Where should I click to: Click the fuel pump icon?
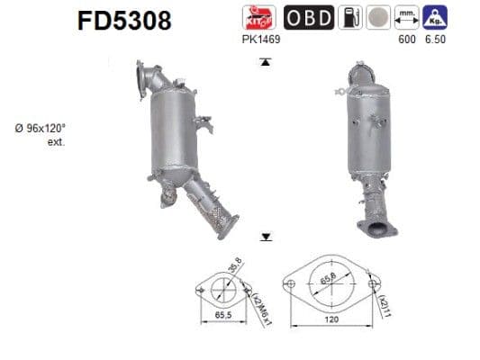[x=351, y=17]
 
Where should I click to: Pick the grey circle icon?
[x=380, y=17]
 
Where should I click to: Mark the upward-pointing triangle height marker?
[x=266, y=62]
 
